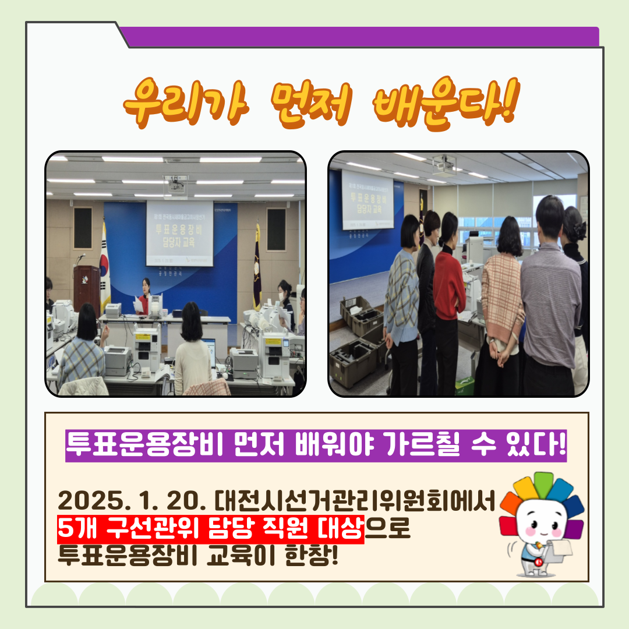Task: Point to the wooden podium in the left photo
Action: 86,288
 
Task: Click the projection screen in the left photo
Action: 179,232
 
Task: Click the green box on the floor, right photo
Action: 465,384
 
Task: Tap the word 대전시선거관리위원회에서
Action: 355,500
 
